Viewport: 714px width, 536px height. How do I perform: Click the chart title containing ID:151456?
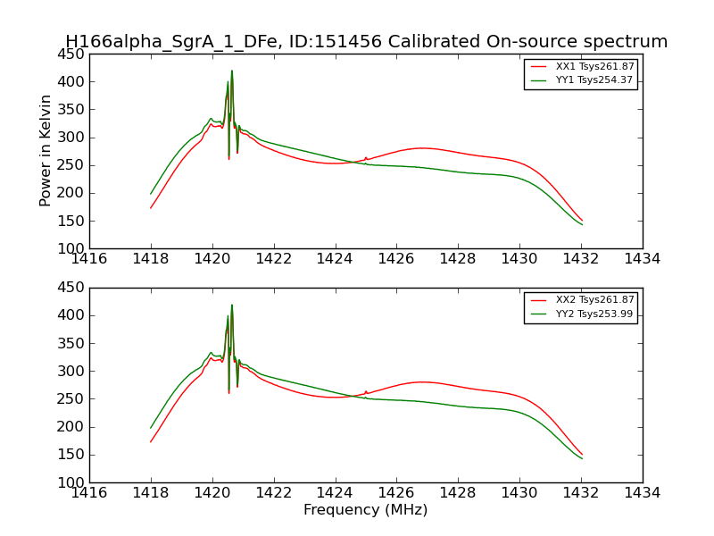(366, 42)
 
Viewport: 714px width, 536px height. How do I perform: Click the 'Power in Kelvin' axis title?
(46, 150)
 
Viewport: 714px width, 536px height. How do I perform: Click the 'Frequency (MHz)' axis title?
(365, 510)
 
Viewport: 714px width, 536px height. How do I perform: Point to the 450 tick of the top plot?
(73, 54)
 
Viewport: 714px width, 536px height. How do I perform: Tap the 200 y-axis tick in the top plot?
(73, 193)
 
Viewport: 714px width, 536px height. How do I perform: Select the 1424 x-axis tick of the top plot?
(335, 258)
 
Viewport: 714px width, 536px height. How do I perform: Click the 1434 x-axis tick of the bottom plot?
(642, 492)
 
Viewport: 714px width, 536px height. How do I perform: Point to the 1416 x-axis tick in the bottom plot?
(89, 492)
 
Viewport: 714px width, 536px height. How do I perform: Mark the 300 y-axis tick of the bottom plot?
(73, 371)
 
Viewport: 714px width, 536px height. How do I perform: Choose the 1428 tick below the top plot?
(458, 258)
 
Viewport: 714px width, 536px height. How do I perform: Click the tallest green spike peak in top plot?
(232, 71)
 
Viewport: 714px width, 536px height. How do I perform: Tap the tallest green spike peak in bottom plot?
(232, 306)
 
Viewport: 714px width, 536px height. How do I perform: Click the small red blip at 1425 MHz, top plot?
(366, 157)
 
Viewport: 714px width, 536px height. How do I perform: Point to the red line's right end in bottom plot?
(582, 455)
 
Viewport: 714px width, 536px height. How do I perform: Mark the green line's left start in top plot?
(151, 194)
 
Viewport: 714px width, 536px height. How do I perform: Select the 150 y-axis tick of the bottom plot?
(73, 455)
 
